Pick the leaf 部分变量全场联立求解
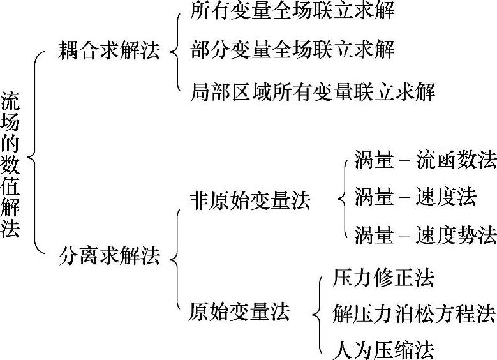click(292, 50)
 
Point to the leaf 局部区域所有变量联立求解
click(313, 93)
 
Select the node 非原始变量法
click(250, 201)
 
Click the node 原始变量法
click(239, 312)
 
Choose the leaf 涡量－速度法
click(415, 197)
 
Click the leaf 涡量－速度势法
click(425, 235)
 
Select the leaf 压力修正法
click(383, 278)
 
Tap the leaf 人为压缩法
click(383, 350)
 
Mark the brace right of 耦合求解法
click(175, 50)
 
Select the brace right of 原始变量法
click(318, 313)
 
